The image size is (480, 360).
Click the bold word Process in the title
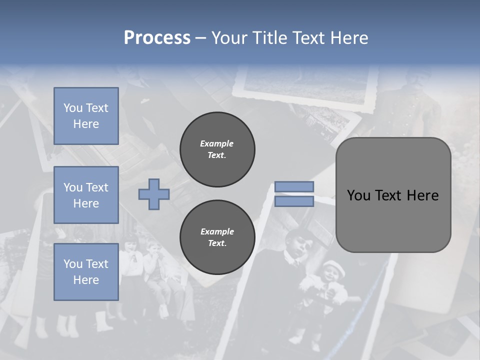(x=157, y=38)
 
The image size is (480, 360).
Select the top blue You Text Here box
(x=86, y=116)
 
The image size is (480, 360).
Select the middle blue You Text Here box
(x=86, y=195)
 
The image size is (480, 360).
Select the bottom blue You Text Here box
(x=86, y=272)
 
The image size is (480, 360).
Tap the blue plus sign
(x=154, y=194)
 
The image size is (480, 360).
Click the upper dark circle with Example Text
(x=217, y=149)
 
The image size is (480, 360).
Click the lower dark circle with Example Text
(x=217, y=237)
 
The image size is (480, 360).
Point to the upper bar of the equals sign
(x=294, y=187)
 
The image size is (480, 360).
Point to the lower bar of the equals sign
(x=294, y=201)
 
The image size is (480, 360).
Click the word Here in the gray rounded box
(x=422, y=195)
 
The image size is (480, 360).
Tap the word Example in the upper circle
(x=217, y=143)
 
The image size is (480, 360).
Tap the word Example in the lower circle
(x=217, y=231)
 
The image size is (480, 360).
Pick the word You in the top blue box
(x=72, y=108)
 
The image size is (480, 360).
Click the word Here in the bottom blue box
(x=86, y=280)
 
